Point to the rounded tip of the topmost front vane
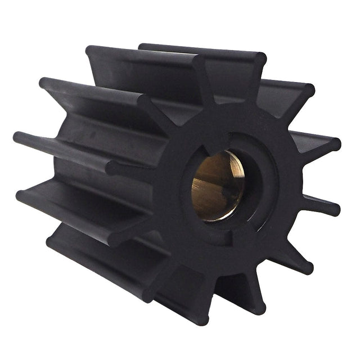coord(260,58)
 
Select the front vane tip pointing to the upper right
coord(308,91)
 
